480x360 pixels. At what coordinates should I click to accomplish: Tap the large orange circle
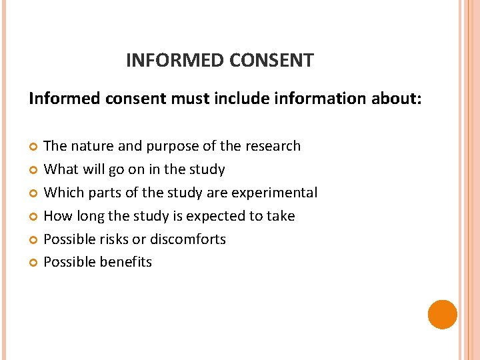[x=443, y=314]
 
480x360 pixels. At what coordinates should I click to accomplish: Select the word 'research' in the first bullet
[x=274, y=146]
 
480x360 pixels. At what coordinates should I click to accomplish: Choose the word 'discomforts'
[x=188, y=239]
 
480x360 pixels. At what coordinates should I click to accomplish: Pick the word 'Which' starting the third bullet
[x=61, y=193]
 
